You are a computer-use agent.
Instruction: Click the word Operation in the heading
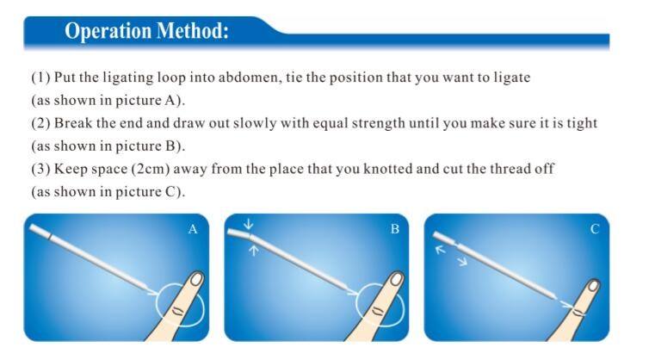(108, 31)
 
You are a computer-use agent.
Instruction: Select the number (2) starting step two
(40, 123)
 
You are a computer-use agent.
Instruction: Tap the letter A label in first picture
(193, 229)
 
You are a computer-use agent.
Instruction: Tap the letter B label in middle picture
(395, 229)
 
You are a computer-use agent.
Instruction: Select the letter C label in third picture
(595, 229)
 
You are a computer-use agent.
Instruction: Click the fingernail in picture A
(196, 279)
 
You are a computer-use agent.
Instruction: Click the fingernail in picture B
(397, 279)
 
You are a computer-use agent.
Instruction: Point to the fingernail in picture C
(593, 286)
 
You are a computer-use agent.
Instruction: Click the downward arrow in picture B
(249, 225)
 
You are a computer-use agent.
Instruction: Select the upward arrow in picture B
(254, 251)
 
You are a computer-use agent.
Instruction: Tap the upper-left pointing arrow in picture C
(441, 250)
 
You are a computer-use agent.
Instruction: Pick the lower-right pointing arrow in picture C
(462, 261)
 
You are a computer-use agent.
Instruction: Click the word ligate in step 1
(512, 78)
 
